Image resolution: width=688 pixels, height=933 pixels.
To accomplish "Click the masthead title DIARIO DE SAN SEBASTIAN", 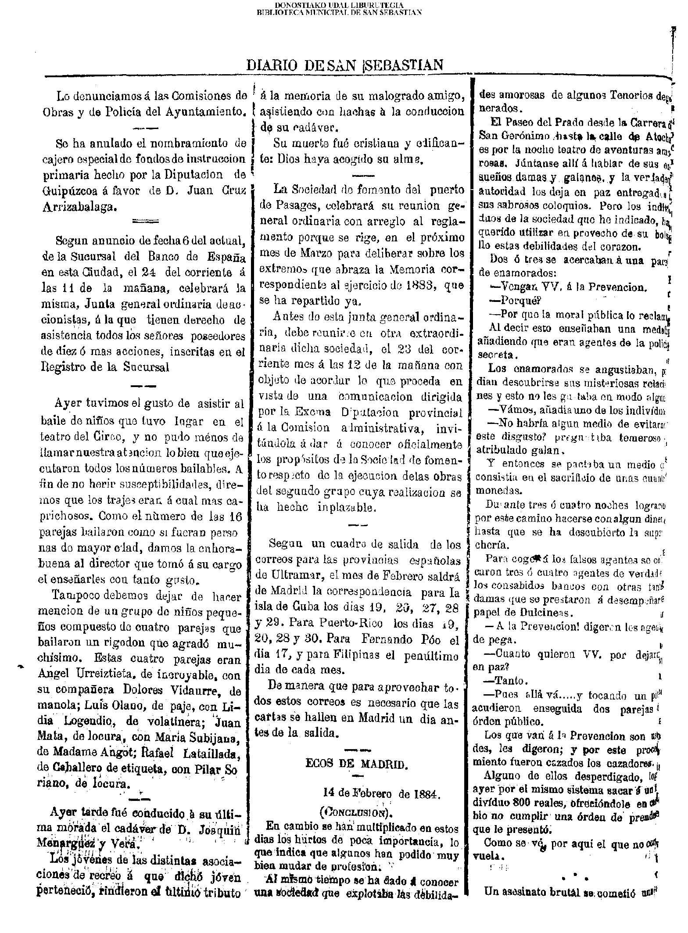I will click(345, 65).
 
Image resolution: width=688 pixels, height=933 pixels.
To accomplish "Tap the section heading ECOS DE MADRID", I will click(357, 764).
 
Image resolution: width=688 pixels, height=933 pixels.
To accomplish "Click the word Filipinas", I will click(341, 656).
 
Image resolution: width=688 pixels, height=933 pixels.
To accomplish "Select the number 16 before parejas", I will click(236, 517).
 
